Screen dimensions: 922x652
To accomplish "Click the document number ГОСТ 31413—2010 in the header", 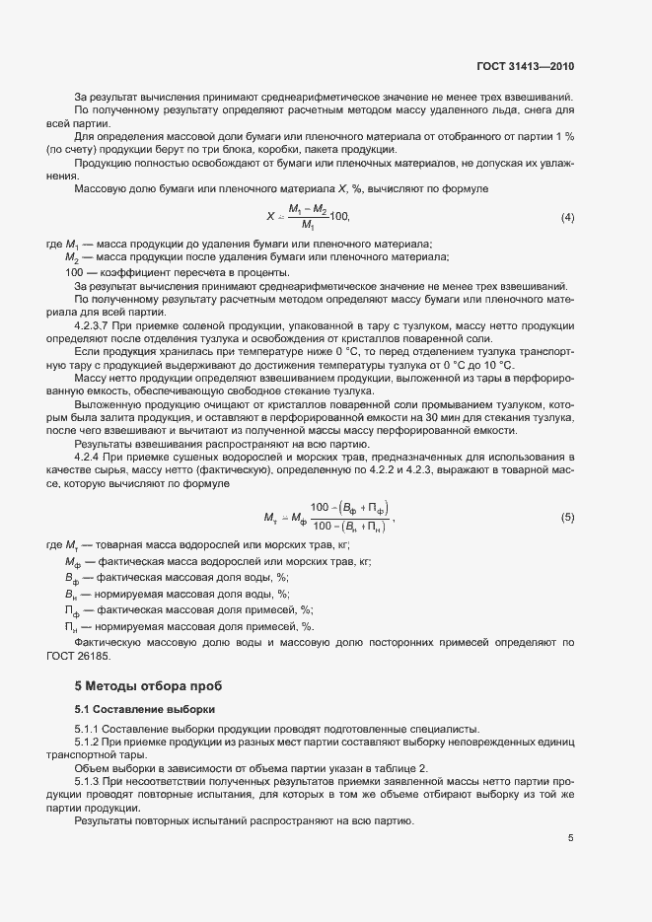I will tap(524, 67).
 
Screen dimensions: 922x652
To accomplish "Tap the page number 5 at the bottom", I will tap(570, 838).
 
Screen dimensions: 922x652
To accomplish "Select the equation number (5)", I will tap(567, 518).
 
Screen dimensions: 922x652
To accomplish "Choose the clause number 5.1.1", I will tap(89, 728).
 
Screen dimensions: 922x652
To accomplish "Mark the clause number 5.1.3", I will tap(89, 779).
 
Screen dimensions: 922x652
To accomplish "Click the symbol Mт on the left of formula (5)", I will tap(270, 518).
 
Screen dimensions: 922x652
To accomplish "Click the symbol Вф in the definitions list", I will tap(72, 576).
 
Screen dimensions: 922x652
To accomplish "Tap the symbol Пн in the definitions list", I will tap(72, 626).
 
